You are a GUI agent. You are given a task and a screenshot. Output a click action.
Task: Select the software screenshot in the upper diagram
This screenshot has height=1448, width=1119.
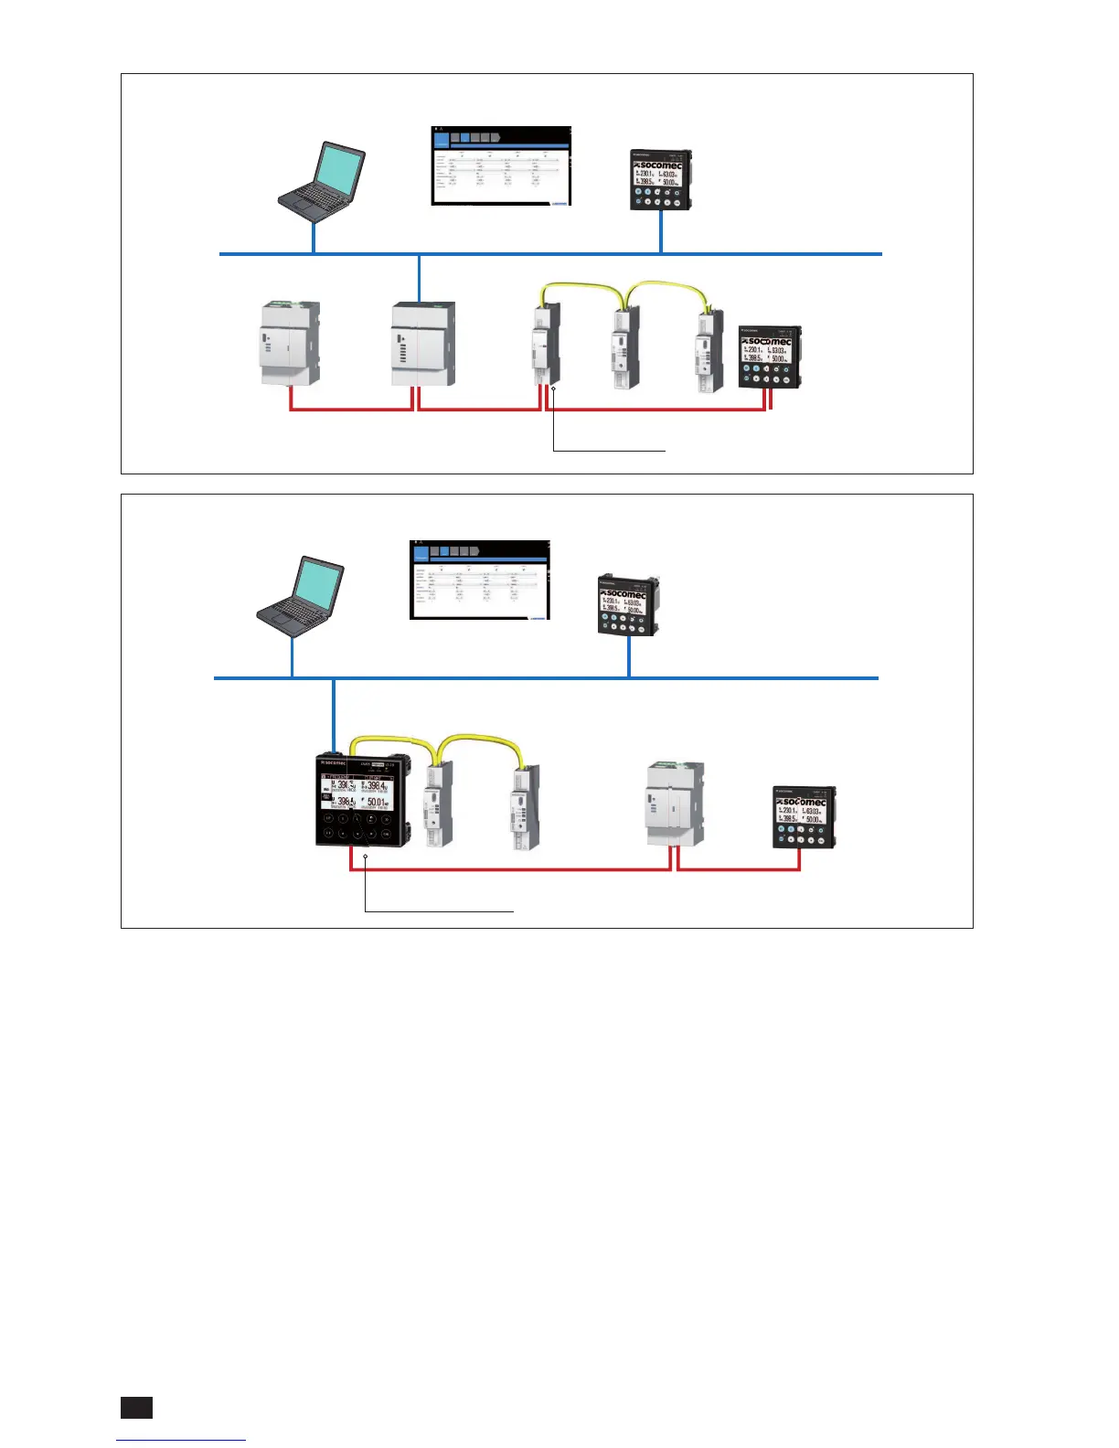point(501,166)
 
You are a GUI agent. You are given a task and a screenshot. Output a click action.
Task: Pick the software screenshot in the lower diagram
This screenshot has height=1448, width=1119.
point(480,580)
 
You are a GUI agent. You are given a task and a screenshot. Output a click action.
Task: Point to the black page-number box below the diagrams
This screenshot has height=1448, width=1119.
point(136,1408)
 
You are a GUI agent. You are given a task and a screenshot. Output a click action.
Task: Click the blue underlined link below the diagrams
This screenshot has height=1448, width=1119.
point(181,1440)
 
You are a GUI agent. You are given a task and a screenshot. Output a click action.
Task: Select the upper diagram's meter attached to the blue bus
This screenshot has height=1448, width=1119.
point(660,180)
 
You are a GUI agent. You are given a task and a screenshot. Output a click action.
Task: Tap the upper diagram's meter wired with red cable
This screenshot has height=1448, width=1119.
point(770,357)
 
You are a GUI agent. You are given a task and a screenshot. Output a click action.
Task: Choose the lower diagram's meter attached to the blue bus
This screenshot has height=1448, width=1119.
point(627,605)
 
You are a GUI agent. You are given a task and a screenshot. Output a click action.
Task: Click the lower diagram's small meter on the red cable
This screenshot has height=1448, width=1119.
point(805,818)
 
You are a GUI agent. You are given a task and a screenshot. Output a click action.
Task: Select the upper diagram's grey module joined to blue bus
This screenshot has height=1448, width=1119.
point(422,345)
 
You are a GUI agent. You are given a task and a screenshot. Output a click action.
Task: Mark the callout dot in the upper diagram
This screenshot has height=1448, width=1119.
point(553,389)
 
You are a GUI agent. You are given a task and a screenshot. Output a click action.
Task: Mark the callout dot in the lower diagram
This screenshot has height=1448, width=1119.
point(365,857)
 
